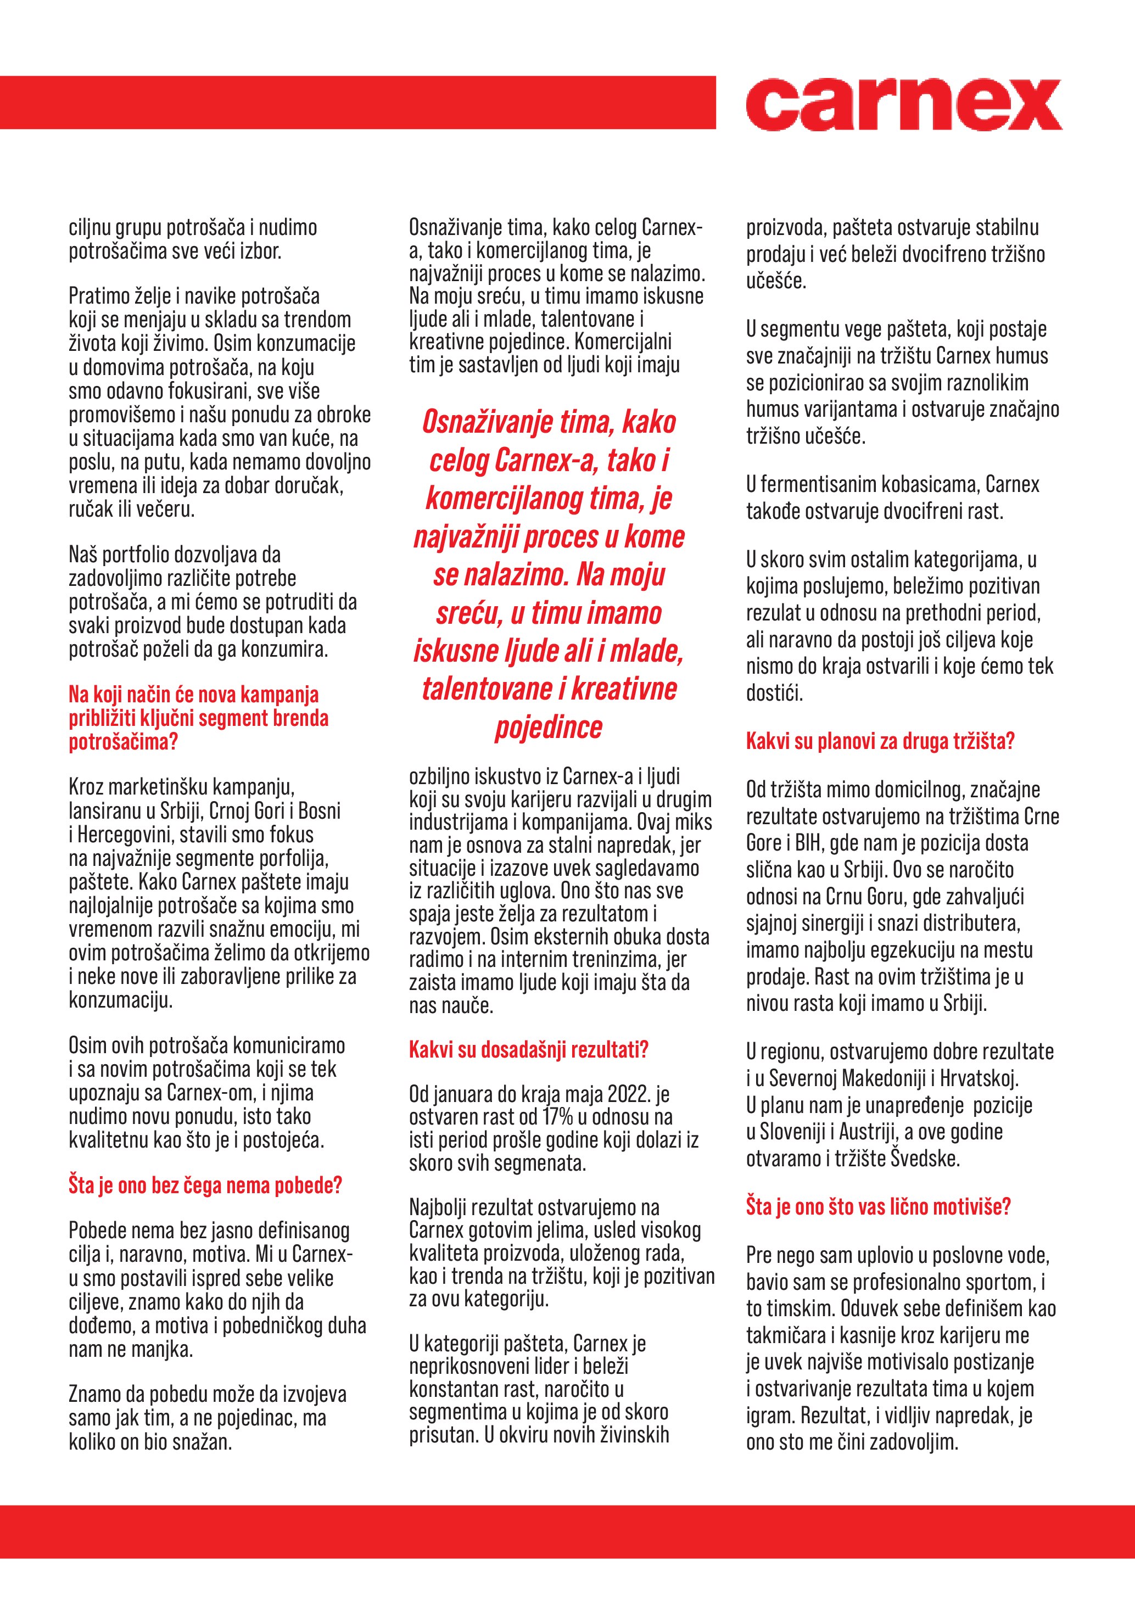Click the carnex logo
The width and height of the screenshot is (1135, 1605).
(903, 105)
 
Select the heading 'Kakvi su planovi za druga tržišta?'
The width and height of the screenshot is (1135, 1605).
(880, 741)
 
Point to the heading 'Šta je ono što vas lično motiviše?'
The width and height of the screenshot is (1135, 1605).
(878, 1206)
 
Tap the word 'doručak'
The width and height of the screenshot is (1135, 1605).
(311, 485)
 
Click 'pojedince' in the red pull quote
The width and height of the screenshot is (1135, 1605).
(549, 727)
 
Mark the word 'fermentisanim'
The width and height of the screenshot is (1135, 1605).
(812, 484)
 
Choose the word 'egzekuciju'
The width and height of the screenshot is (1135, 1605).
(930, 950)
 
